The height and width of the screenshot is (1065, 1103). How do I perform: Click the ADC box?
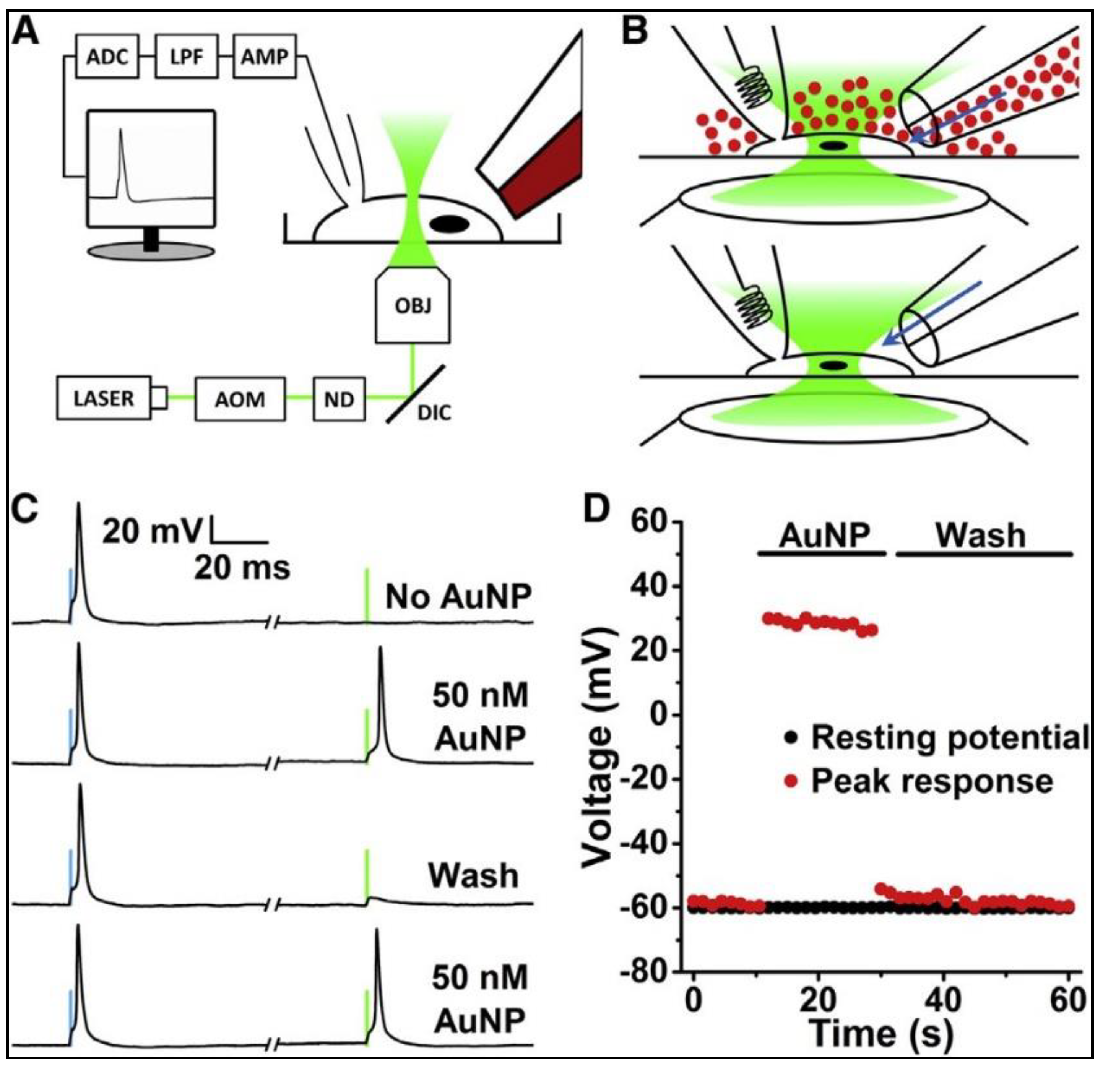pos(107,56)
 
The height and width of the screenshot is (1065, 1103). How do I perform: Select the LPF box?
pos(186,56)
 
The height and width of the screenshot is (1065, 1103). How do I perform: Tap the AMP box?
pos(265,56)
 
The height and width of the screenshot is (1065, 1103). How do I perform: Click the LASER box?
pos(104,398)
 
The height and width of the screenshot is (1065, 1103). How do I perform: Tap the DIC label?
pos(434,414)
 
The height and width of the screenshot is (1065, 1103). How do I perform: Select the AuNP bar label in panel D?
pos(824,536)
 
